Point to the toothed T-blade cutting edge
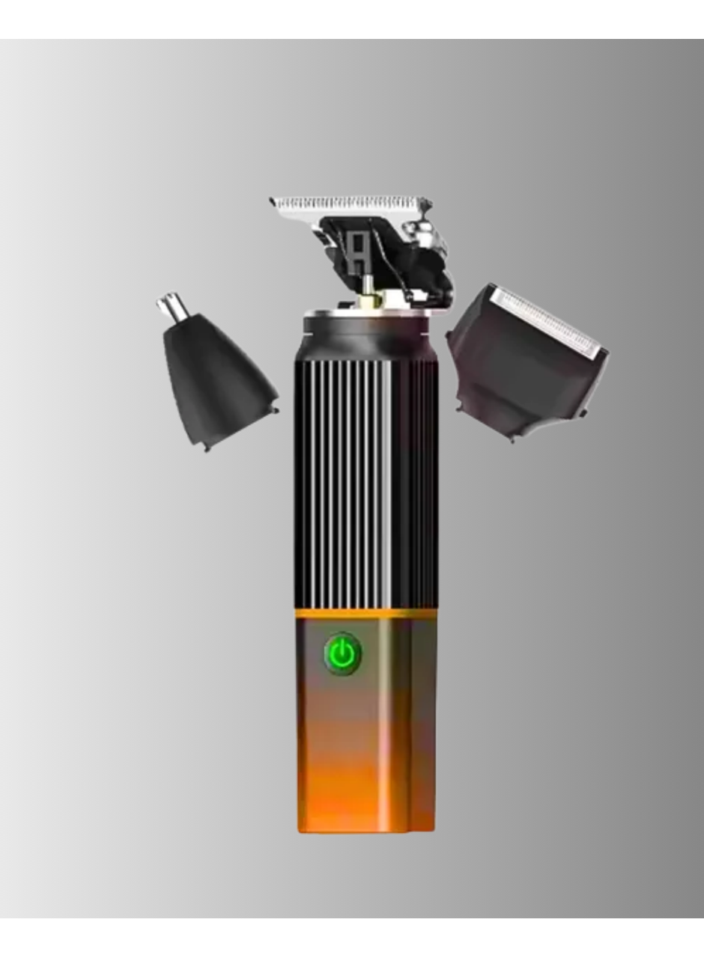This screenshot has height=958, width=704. (348, 204)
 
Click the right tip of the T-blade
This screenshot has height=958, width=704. (428, 203)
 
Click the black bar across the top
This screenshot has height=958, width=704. (352, 19)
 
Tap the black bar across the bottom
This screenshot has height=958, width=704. (352, 938)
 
